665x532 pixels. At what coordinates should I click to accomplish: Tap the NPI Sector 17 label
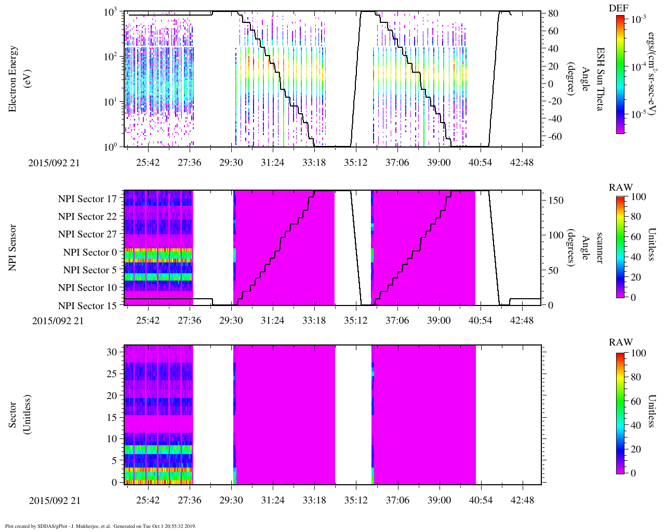click(x=87, y=198)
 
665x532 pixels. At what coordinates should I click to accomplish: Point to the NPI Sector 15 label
click(x=87, y=305)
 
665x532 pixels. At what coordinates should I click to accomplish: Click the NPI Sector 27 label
click(x=87, y=234)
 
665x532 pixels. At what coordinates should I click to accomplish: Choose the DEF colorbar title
click(x=619, y=8)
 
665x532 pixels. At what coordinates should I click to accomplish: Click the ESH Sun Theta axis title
click(x=600, y=79)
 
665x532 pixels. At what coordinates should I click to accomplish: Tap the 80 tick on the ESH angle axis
click(x=553, y=14)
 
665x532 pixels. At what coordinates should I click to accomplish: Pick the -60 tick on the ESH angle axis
click(x=553, y=137)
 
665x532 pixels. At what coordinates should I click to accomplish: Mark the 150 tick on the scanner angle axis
click(x=556, y=201)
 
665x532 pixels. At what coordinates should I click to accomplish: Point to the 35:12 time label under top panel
click(x=355, y=163)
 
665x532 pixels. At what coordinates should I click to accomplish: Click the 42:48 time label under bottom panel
click(x=522, y=500)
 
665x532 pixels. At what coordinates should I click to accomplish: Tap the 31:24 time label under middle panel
click(x=272, y=321)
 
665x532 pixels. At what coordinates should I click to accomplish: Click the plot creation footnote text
click(x=100, y=526)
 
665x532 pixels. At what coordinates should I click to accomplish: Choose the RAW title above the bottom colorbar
click(x=621, y=342)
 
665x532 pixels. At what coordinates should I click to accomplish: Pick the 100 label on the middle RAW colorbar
click(x=639, y=197)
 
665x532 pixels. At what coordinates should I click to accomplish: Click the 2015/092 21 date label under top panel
click(x=54, y=163)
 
